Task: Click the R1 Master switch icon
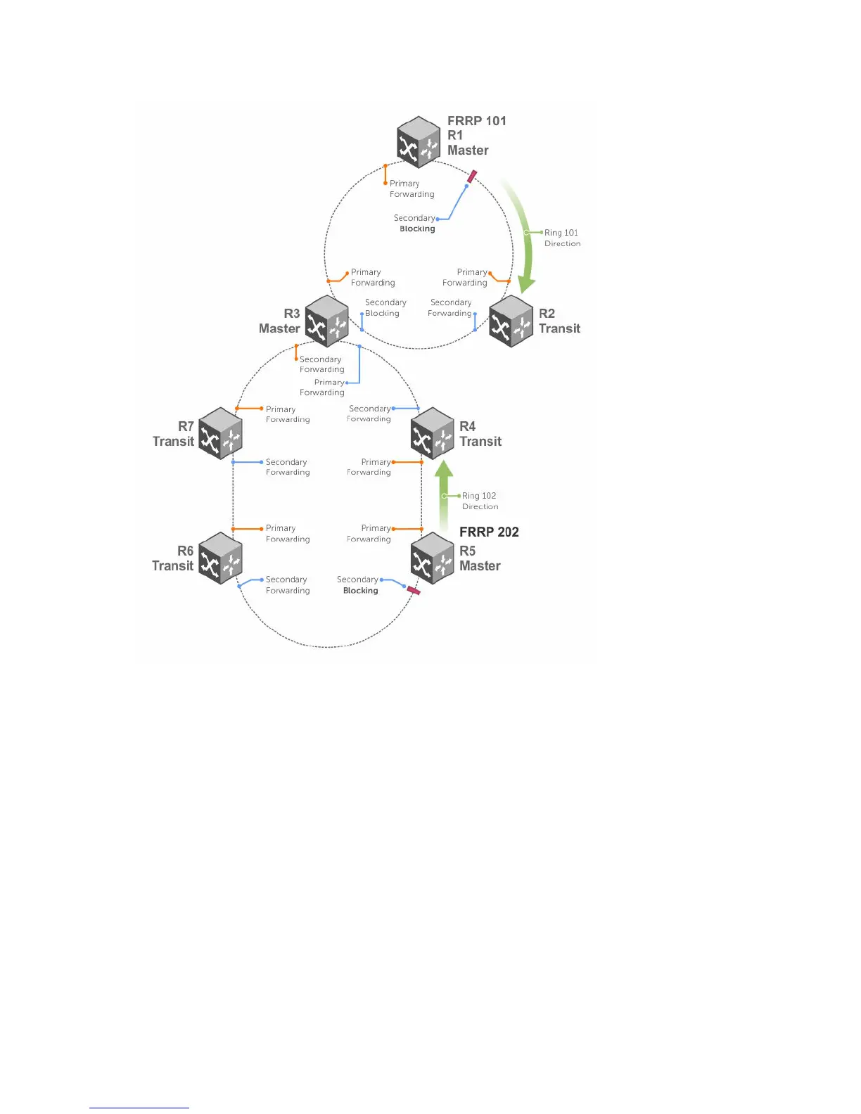(419, 142)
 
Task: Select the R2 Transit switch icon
(511, 321)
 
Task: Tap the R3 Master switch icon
(327, 321)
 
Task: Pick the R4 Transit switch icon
(432, 433)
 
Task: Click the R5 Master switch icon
(432, 558)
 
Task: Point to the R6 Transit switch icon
(220, 558)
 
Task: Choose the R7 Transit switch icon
(220, 433)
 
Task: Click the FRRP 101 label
(476, 121)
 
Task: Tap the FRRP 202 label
(489, 532)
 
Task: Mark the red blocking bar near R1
(472, 177)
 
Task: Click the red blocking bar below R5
(414, 591)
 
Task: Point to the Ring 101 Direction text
(562, 238)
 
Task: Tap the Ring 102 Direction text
(480, 501)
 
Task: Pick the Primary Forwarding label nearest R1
(412, 188)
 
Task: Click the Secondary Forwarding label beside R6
(287, 585)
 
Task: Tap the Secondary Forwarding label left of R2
(450, 308)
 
